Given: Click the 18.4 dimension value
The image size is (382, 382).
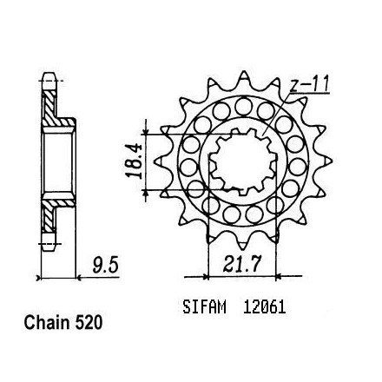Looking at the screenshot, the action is coord(134,161).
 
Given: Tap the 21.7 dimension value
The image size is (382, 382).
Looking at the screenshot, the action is coord(242,263).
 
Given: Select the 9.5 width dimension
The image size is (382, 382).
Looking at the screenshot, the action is coord(106,266).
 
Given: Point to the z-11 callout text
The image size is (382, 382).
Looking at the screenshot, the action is coord(309,84).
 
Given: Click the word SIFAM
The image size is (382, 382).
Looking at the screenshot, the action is coord(204,307).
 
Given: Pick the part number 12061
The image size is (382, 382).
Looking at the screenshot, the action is coord(264,307).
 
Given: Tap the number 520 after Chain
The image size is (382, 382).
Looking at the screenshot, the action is coord(89,322).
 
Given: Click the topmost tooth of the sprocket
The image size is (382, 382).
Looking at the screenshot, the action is coord(245,76).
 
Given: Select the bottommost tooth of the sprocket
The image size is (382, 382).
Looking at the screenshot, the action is coord(242,245).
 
